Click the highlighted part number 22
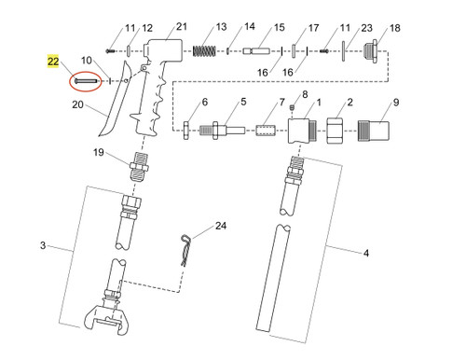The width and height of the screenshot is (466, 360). coord(53,62)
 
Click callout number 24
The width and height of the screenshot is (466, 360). coord(221,226)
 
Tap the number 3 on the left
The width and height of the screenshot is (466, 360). coord(43,246)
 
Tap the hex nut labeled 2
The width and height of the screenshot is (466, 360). coord(336,128)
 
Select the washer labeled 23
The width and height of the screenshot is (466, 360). coord(346,48)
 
